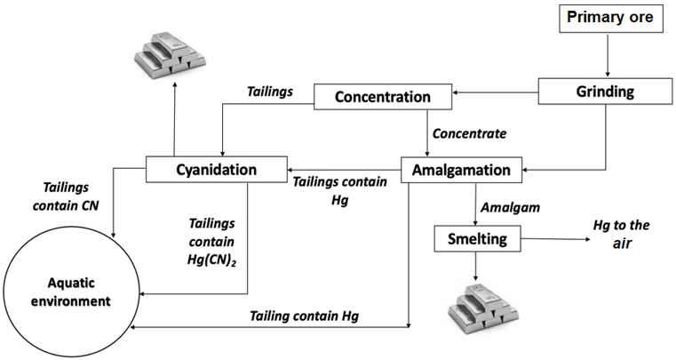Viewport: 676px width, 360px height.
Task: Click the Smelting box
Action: [x=476, y=238]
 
